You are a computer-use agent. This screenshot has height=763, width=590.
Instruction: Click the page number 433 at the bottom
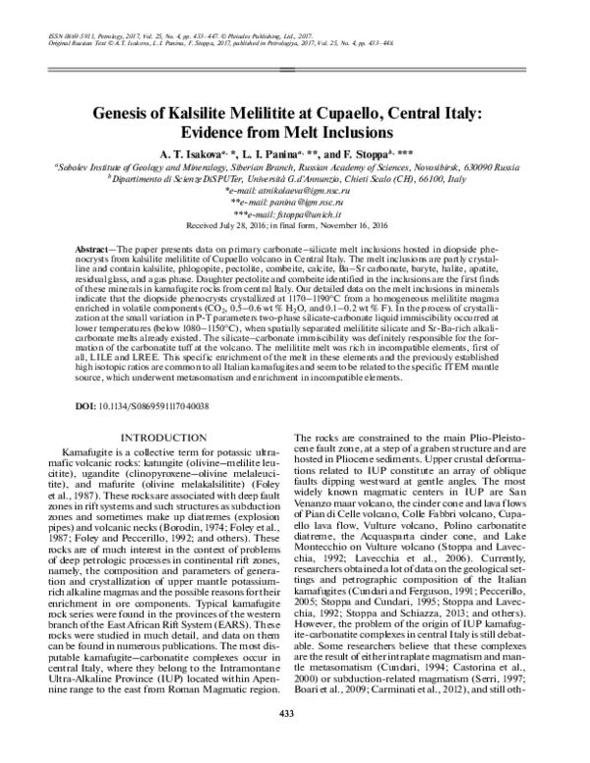tap(294, 739)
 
